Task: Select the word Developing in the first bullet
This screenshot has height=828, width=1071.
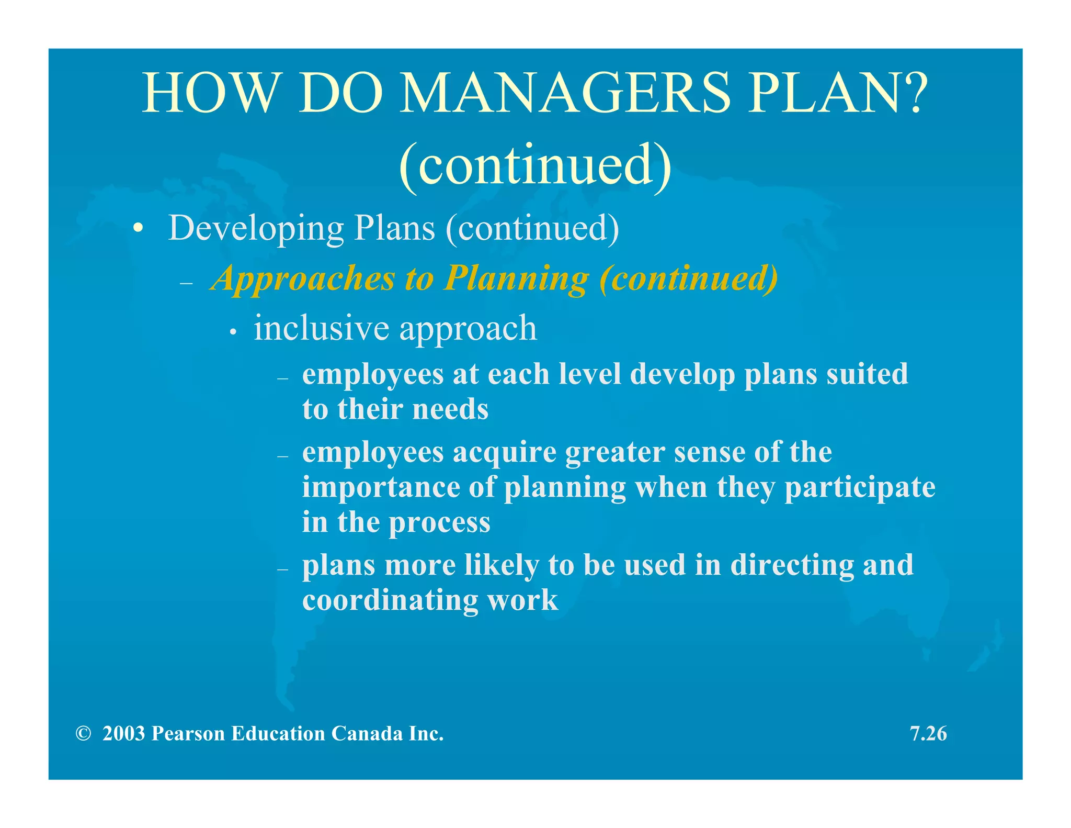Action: pos(256,229)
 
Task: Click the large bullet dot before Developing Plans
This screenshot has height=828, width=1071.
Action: pos(138,229)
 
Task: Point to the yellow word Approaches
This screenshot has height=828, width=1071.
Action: pos(303,279)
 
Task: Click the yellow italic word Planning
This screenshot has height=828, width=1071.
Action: pos(517,279)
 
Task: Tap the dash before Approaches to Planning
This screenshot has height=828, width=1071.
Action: pos(186,283)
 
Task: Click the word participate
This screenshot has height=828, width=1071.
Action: pos(860,488)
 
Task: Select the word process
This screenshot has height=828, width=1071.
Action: pos(439,522)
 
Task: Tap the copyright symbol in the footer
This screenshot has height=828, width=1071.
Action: pos(83,734)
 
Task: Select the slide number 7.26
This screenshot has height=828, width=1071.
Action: pos(928,734)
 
